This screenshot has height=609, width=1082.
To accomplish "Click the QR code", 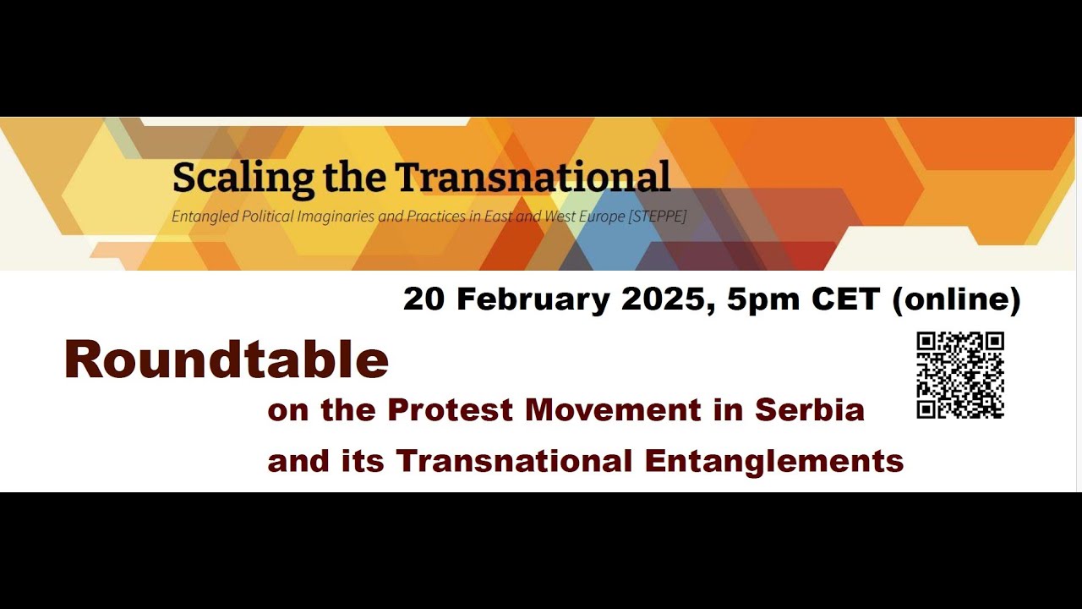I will click(x=960, y=376).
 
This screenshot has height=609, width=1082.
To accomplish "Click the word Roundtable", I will click(x=227, y=359).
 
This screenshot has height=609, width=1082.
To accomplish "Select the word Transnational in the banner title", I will click(x=533, y=177).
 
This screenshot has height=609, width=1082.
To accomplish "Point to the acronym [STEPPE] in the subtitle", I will click(x=657, y=217).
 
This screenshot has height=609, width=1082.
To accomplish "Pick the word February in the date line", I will click(x=540, y=299).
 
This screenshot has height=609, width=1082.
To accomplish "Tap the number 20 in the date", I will click(x=424, y=299).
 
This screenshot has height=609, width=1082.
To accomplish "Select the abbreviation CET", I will click(x=848, y=299).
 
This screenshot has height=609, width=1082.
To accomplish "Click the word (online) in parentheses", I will click(x=956, y=299).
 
